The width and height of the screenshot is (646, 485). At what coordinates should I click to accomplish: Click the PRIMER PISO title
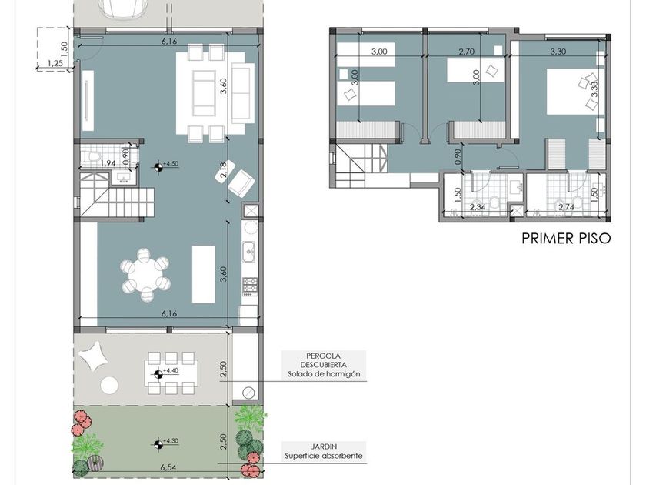566,239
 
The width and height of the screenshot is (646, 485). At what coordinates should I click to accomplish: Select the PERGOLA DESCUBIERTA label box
324,365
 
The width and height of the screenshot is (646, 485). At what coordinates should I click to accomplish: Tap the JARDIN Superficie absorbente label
324,451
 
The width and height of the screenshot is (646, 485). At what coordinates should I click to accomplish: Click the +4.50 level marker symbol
158,166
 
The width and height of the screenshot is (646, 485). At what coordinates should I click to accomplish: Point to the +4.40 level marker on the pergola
158,374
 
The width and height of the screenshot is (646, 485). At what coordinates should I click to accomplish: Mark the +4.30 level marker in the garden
158,444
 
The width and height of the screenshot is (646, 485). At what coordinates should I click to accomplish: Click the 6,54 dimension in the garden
168,467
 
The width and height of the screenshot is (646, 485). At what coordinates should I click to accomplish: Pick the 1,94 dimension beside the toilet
108,163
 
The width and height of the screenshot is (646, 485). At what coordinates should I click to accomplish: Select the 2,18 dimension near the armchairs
222,170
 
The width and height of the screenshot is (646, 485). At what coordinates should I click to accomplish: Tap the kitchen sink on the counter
249,252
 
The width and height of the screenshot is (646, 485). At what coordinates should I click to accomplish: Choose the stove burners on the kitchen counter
250,284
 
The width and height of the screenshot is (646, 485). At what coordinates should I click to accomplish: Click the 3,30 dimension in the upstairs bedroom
558,52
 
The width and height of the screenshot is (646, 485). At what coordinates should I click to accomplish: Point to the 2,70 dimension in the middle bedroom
466,52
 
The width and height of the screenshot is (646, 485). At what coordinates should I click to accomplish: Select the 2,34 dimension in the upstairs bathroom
478,207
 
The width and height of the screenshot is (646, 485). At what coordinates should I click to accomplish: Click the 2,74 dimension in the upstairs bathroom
566,207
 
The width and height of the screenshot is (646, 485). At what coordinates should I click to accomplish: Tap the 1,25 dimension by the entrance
55,63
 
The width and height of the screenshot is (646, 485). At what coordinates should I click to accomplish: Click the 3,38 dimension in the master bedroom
594,89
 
